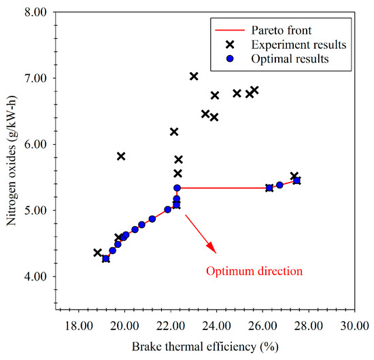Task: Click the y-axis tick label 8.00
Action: click(35, 12)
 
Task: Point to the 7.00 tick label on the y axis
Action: click(35, 78)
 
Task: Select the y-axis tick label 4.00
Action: click(35, 276)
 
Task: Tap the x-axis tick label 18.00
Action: click(79, 325)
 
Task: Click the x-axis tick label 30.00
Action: click(355, 325)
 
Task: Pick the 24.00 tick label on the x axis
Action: click(216, 325)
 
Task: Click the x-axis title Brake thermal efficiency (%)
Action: click(205, 346)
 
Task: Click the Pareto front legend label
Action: click(282, 31)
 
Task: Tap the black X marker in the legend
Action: click(230, 44)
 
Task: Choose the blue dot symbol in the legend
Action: click(230, 58)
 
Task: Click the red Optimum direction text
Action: click(254, 271)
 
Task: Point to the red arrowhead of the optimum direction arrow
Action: click(211, 248)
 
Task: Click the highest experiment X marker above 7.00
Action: click(194, 77)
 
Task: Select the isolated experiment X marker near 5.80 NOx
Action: click(121, 156)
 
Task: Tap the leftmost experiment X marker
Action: click(97, 253)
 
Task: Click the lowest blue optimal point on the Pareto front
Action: click(105, 259)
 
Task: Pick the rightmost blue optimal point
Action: click(296, 181)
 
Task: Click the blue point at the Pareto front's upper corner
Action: click(177, 188)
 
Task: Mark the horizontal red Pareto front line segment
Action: click(223, 188)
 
